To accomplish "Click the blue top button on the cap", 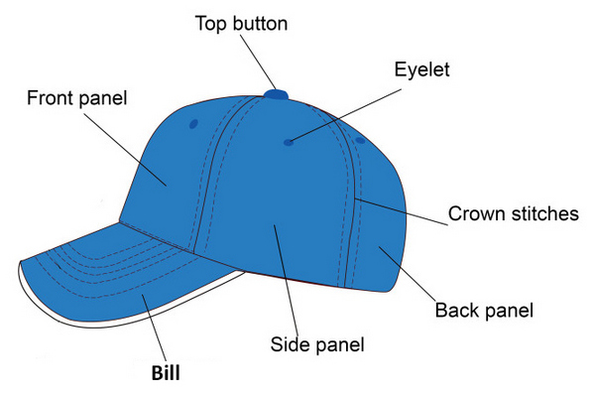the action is point(277,94).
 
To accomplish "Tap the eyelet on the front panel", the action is point(193,124).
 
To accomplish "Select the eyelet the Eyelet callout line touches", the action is point(289,143).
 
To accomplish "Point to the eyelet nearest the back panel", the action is point(360,141).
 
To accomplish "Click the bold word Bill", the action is point(166,373).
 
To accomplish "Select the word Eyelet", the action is point(422,69).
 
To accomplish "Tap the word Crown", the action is point(478,213).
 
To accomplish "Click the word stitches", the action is point(545,213).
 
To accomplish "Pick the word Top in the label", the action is point(210,24).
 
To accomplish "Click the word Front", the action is point(50,97).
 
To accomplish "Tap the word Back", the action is point(457,310).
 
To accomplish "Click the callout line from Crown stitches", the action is point(401,211).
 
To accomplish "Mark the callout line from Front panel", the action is point(126,149).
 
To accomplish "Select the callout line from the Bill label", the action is point(155,328).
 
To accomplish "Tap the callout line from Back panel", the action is point(408,274).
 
